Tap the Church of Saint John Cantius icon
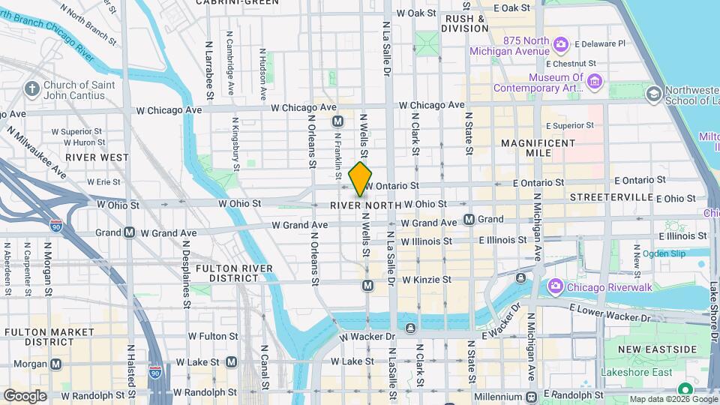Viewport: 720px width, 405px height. pos(31,90)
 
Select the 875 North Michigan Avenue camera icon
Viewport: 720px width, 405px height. pos(560,45)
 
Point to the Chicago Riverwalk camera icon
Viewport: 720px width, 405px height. pos(555,285)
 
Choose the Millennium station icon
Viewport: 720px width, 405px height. pos(531,396)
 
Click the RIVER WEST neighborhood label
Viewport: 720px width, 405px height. pos(97,157)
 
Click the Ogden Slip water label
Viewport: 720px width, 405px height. pos(664,253)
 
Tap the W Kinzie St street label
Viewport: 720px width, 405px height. pos(426,280)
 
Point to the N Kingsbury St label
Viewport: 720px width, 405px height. pos(235,139)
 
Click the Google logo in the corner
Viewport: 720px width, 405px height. pos(25,396)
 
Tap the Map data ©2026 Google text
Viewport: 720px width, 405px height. pos(673,399)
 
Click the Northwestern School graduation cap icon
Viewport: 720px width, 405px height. pos(653,93)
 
